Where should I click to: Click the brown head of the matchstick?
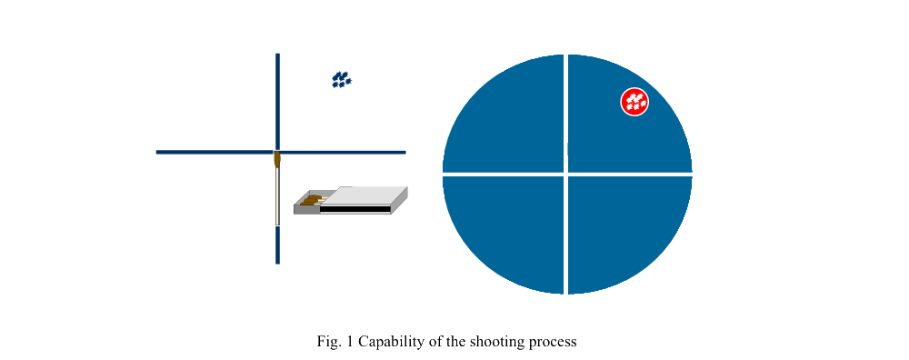click(x=277, y=160)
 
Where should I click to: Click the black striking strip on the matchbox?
click(x=355, y=209)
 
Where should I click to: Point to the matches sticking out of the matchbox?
click(x=312, y=199)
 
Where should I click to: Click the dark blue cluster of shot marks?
click(x=342, y=80)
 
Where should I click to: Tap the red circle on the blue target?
click(x=634, y=102)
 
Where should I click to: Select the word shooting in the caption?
click(x=497, y=342)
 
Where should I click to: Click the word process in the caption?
click(x=553, y=342)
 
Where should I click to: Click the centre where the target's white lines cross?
click(x=566, y=173)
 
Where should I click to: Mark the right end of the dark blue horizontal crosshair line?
click(x=404, y=152)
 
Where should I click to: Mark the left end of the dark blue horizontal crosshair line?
click(x=158, y=152)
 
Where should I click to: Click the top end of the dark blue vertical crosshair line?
click(x=277, y=55)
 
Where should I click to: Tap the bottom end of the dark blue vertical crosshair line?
click(x=277, y=262)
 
